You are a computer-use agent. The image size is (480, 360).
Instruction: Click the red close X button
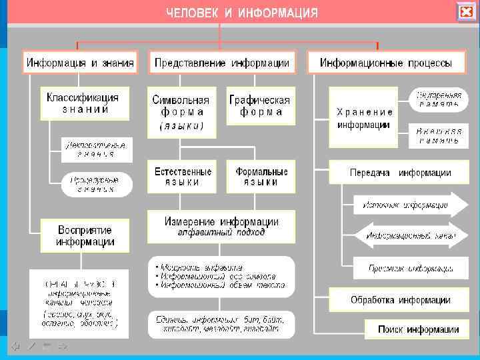coord(466,12)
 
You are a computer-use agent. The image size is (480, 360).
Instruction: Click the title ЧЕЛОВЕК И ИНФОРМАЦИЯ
coord(242,13)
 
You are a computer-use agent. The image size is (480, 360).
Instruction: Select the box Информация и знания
coord(80,63)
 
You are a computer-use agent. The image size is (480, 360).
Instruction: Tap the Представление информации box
coord(222,63)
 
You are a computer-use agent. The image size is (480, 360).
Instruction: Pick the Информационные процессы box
coord(385,63)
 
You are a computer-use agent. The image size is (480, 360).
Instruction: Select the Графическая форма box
coord(259,106)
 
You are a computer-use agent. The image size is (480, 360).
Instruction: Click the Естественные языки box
coord(183,177)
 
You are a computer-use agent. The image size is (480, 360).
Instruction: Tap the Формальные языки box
coord(261,177)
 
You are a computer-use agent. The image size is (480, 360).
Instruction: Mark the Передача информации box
coord(400,173)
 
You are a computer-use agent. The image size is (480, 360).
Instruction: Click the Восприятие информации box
coord(85,235)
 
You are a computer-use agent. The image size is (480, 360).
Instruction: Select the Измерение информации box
coord(221,227)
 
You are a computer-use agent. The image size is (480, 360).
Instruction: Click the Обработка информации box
coord(400,300)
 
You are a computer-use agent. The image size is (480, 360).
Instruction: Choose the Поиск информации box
coord(418,329)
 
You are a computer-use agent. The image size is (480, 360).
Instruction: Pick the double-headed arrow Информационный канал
coord(407,235)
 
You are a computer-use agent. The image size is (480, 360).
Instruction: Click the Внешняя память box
coord(439,135)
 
